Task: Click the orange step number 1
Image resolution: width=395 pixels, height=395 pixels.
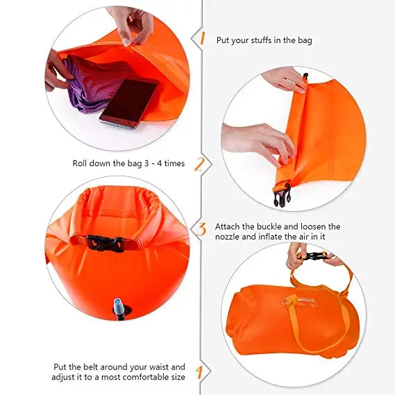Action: point(202,39)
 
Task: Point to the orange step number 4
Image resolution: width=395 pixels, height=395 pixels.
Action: point(199,372)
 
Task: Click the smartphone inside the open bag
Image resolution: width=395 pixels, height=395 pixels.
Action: point(129,101)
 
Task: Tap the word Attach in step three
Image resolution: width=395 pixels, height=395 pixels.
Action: point(229,226)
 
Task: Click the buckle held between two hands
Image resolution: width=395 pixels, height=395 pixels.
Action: point(314,255)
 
